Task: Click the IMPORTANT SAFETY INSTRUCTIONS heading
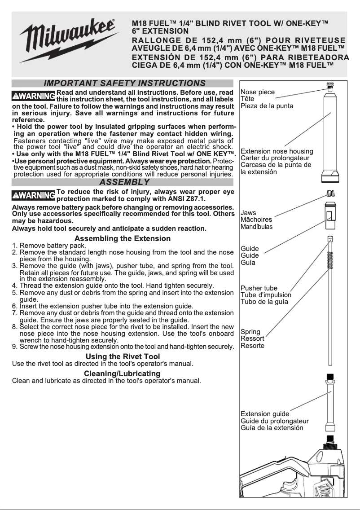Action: pos(124,84)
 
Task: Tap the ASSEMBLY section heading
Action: pos(124,182)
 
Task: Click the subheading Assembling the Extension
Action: pos(123,238)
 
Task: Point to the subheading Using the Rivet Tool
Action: pos(123,357)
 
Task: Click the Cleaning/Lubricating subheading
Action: pos(122,374)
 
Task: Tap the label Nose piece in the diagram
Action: pos(258,92)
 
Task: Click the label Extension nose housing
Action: pos(277,151)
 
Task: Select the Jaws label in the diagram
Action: pos(249,213)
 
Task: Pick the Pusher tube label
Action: pos(259,288)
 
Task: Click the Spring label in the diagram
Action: pos(250,332)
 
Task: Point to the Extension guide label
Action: pos(265,414)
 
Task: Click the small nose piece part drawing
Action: pos(329,85)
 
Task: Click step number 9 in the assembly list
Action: pos(14,347)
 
